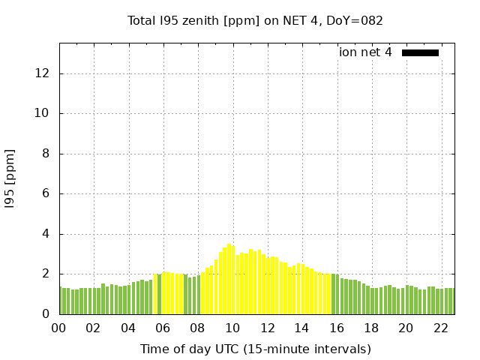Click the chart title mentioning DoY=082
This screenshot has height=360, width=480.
coord(255,20)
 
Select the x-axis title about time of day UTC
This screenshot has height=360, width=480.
coord(255,349)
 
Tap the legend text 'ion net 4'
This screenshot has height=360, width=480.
coord(365,52)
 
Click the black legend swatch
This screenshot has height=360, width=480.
coord(420,52)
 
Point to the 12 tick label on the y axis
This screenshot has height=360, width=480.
coord(44,73)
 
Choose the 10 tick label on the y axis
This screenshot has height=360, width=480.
coord(44,114)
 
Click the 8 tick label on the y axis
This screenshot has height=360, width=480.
coord(47,154)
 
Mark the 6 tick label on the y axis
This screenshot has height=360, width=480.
coord(47,194)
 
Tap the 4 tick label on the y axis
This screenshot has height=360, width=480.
coord(47,234)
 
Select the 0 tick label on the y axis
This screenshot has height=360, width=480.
coord(47,314)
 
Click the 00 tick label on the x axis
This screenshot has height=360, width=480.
coord(59,328)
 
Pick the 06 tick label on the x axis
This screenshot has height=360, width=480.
coord(163,328)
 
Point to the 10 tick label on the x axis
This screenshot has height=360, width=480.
coord(232,328)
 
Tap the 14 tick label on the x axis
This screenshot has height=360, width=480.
coord(301,328)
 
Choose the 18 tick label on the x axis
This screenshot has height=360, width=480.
coord(370,328)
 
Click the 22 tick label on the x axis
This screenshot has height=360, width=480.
coord(440,328)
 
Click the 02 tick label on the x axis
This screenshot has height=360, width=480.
coord(94,328)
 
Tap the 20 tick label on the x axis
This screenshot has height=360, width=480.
coord(406,328)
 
